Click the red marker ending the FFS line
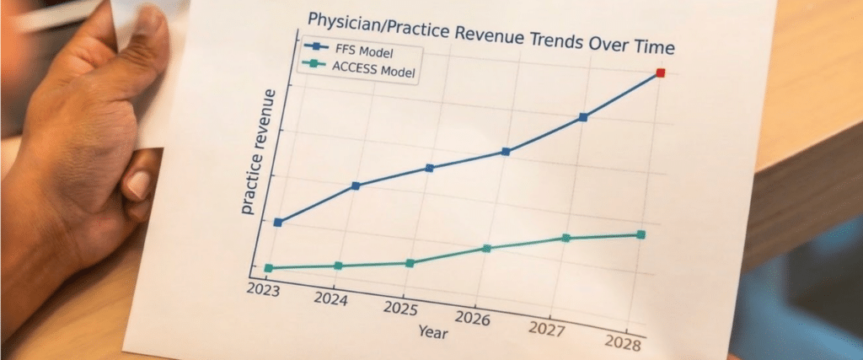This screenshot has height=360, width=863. point(661,73)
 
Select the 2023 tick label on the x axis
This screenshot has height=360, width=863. point(264,289)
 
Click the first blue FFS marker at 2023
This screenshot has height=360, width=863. point(278,223)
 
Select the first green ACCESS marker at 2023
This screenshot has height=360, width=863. point(269,268)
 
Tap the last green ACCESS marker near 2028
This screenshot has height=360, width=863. point(641,234)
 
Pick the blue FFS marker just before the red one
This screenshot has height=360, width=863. point(583,117)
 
